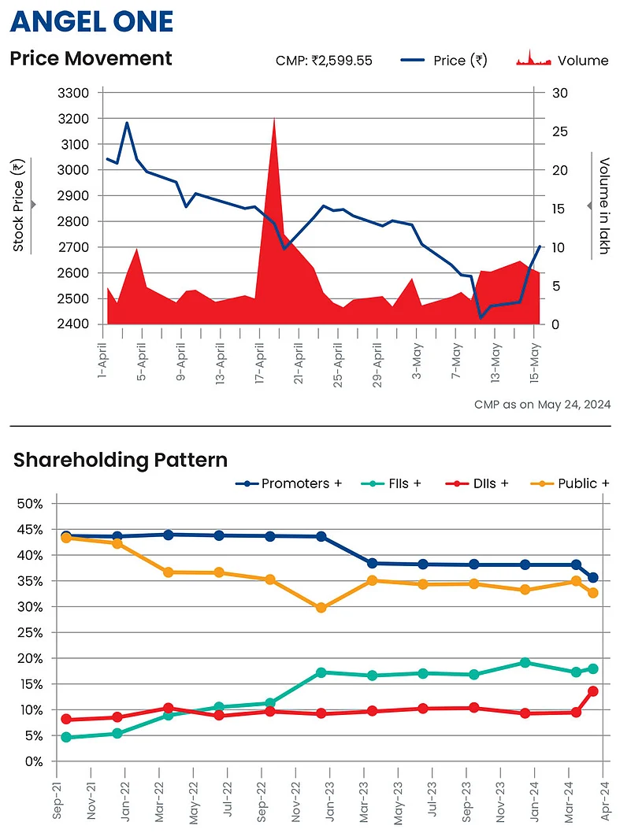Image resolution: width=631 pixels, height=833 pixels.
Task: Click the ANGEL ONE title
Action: [x=91, y=21]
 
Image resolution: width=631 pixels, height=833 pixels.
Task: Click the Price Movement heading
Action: [x=91, y=58]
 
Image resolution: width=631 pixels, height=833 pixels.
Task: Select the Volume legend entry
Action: [x=562, y=61]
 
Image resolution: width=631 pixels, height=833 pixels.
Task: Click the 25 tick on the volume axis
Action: [x=559, y=131]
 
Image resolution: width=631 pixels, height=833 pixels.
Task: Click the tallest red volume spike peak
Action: [x=273, y=118]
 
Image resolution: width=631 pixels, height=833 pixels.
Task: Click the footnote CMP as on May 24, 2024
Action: [x=542, y=405]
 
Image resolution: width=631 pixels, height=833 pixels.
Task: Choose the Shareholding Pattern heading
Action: [x=120, y=460]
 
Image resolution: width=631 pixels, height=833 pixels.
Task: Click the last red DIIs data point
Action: [x=593, y=691]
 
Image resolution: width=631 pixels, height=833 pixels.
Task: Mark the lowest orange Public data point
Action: [x=321, y=608]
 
